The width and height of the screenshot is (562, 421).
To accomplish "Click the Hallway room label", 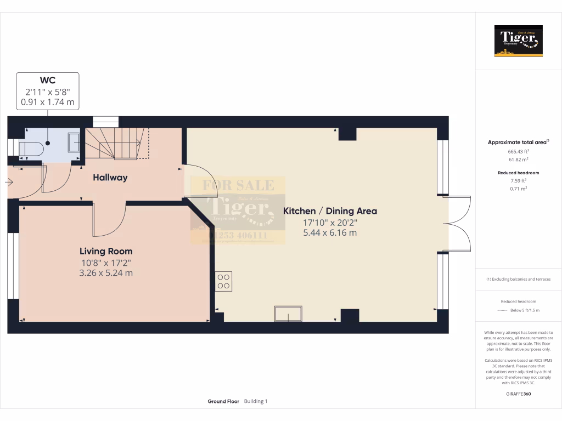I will coord(110,178).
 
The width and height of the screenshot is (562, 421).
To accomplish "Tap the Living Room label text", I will coord(106,251).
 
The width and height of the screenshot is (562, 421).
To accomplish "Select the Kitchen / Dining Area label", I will coord(330,211).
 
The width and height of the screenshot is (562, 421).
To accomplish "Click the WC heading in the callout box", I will coord(48,80).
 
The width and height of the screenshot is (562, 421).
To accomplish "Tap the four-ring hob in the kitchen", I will coord(223,281).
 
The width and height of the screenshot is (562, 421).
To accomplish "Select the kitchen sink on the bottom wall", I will coord(288,315).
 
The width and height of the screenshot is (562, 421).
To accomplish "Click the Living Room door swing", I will coord(109,219).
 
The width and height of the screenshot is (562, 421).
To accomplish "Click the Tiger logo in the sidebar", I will coord(518,41).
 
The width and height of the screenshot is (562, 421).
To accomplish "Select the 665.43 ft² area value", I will coord(519,151).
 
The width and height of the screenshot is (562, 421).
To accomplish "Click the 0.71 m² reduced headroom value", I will coord(519,188).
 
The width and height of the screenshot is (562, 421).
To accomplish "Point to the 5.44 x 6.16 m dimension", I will coord(330,232).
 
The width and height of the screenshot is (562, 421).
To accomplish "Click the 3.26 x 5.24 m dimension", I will coord(106,272).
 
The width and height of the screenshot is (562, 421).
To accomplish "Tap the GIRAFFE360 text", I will coord(519,394).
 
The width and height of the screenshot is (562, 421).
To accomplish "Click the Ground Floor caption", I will coord(223,401).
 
